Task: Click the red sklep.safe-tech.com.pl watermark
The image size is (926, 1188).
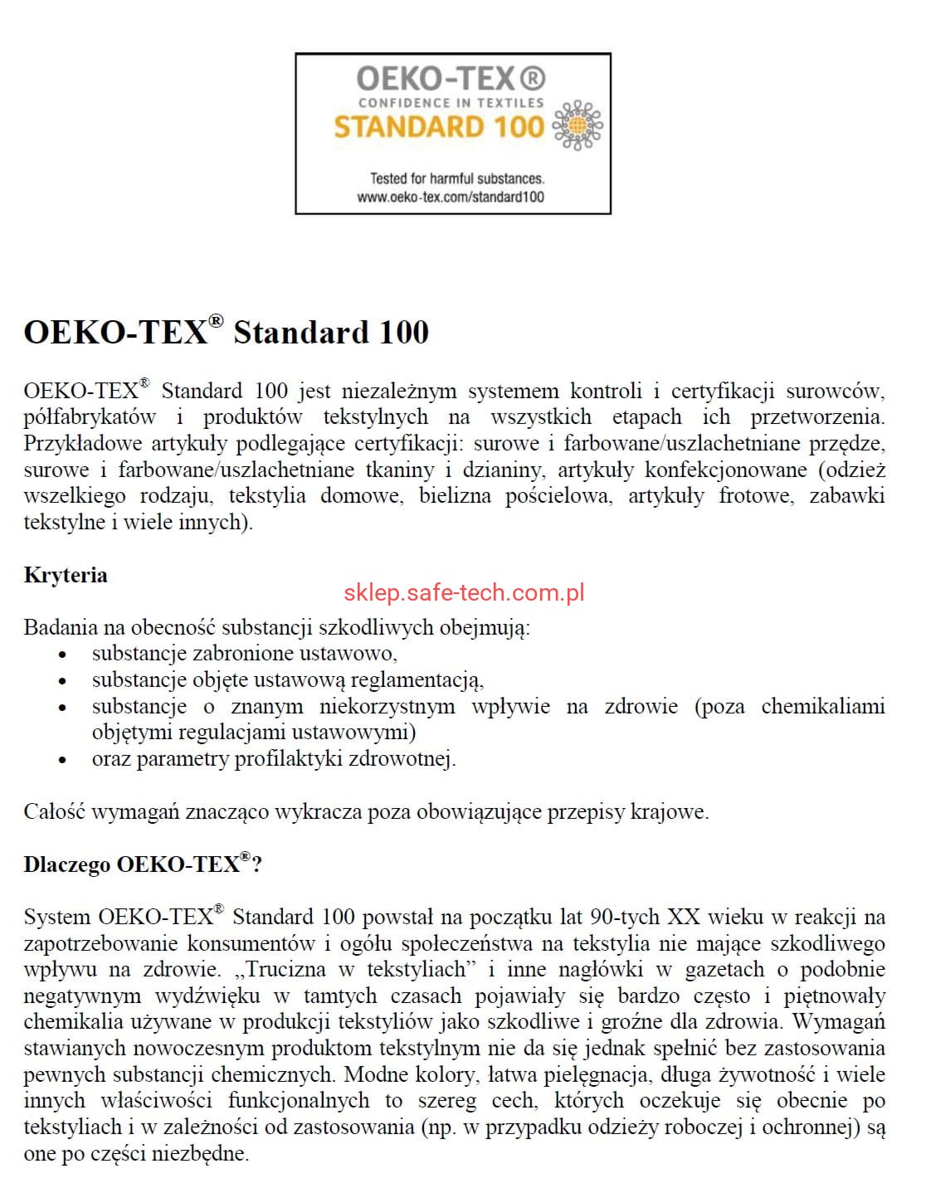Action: pos(464,592)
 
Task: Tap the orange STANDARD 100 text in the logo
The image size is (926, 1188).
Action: pos(438,127)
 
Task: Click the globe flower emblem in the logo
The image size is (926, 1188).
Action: pos(577,126)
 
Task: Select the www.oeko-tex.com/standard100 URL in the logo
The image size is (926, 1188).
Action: pos(451,197)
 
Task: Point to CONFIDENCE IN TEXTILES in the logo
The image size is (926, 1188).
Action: pos(451,103)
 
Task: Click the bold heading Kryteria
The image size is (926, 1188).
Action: pos(66,575)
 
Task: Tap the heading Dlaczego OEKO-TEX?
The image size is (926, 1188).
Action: pos(143,864)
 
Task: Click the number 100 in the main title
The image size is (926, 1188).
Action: pos(404,332)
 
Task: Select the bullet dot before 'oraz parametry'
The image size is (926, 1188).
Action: pos(62,759)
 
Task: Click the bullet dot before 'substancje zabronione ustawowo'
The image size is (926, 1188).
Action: pos(62,655)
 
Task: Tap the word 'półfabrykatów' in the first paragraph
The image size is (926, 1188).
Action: pos(90,416)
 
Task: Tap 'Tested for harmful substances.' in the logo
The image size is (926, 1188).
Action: pos(456,178)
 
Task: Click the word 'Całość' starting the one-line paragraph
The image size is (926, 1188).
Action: pos(54,811)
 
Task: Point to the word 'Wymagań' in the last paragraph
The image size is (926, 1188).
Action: pos(841,1021)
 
